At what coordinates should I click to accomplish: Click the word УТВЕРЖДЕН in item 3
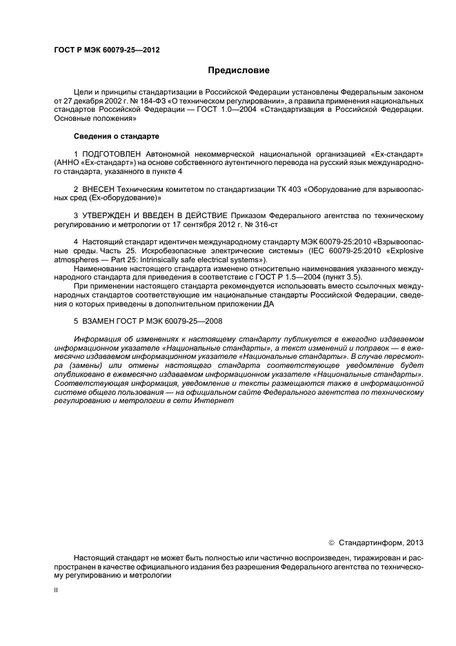(x=110, y=215)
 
